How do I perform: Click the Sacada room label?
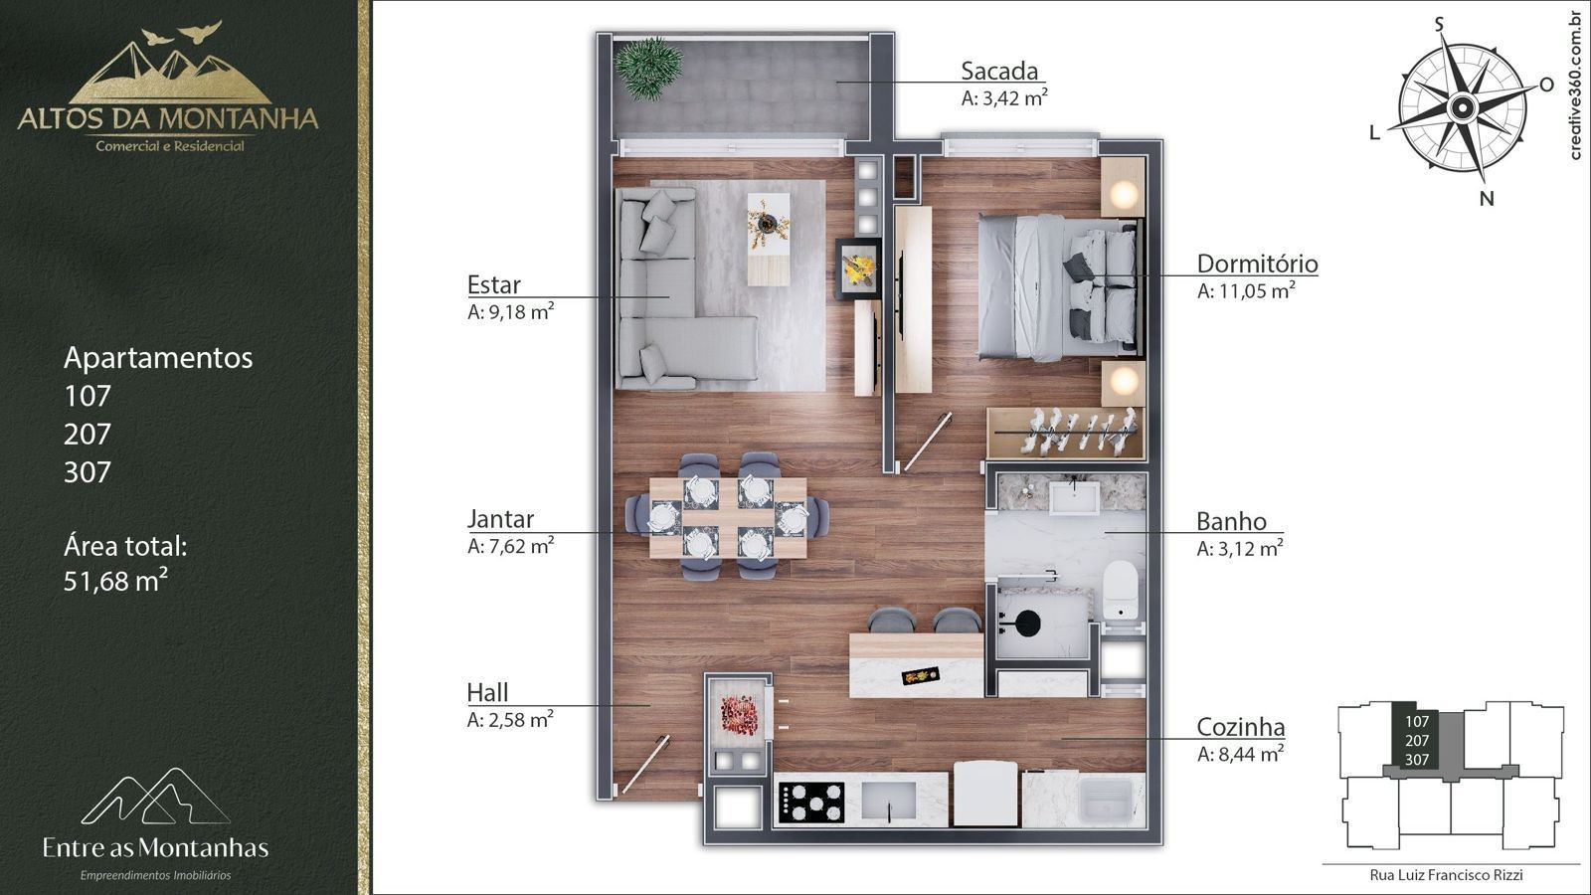tap(999, 71)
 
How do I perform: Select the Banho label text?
tap(1231, 521)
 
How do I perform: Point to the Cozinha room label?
tap(1241, 727)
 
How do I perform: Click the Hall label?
tap(487, 692)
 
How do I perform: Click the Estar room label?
tap(493, 284)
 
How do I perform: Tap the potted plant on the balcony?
tap(647, 68)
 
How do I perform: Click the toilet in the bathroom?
tap(1121, 589)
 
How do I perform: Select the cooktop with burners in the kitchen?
tap(811, 803)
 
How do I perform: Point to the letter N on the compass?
tap(1487, 199)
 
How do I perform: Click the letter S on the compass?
tap(1440, 25)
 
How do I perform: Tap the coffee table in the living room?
tap(769, 239)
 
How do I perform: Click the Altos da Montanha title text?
tap(168, 118)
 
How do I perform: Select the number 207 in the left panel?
tap(88, 434)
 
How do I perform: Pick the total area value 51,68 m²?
tap(115, 581)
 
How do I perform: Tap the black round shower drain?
tap(1027, 623)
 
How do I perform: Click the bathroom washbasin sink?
tap(1075, 497)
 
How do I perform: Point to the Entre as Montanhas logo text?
tap(155, 847)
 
